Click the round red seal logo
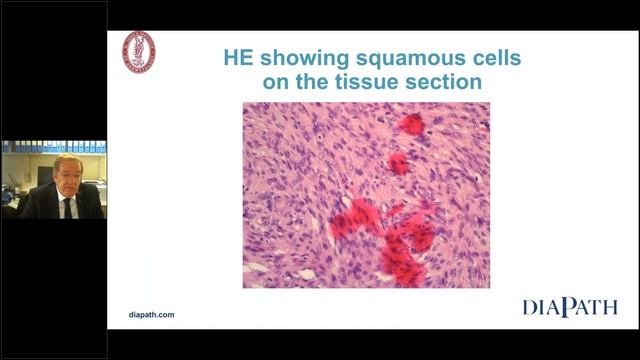tap(138, 52)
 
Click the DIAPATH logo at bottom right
tap(569, 307)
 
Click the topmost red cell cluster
tap(411, 123)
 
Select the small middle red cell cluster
tap(398, 162)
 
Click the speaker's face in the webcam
tap(68, 175)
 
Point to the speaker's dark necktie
tap(68, 208)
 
